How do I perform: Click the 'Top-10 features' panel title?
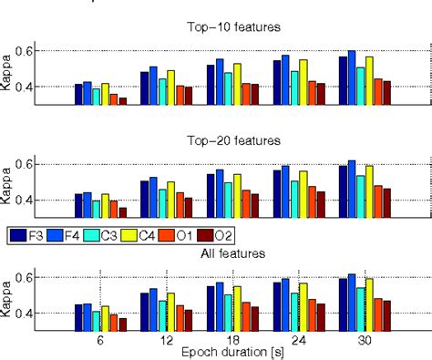coord(235,28)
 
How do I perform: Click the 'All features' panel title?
coord(235,252)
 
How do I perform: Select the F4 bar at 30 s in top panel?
coord(352,77)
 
